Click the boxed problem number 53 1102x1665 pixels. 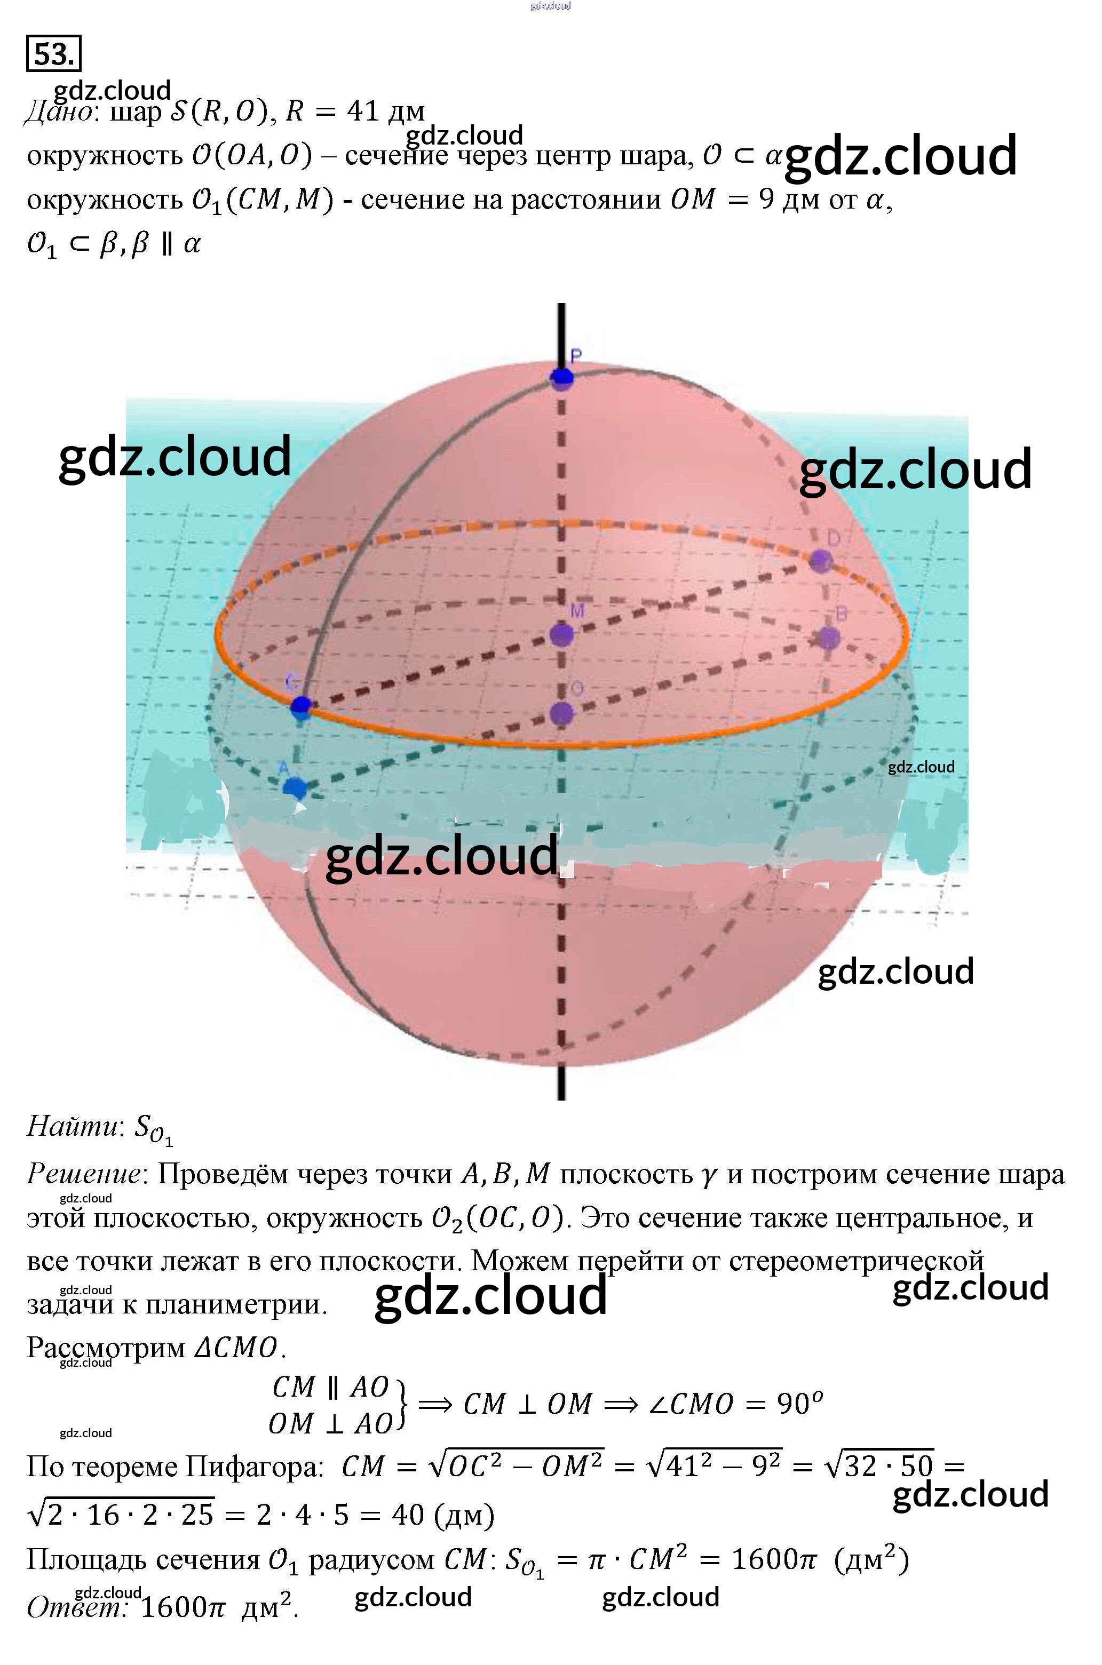click(53, 53)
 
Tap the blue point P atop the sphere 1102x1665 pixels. click(561, 378)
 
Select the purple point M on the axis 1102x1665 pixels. click(561, 634)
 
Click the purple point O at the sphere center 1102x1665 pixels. click(561, 714)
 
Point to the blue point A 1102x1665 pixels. click(295, 787)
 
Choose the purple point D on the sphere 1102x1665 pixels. click(820, 561)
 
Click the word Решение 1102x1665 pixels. click(83, 1173)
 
